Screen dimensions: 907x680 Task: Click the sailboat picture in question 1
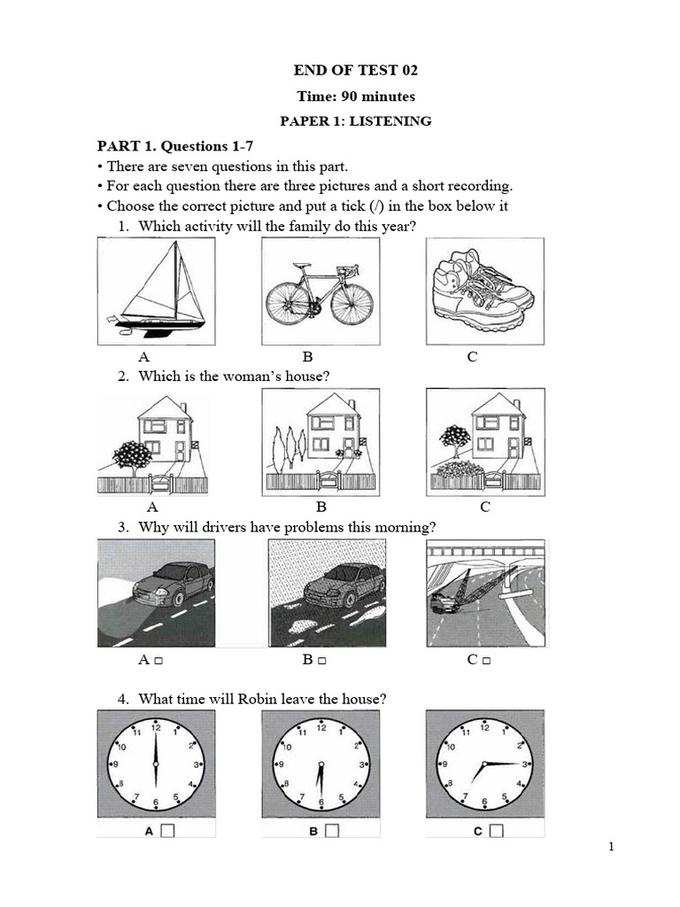click(x=156, y=292)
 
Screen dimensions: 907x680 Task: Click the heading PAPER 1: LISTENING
click(x=355, y=121)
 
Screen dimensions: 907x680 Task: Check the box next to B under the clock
click(x=333, y=831)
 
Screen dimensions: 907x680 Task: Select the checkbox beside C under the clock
click(x=496, y=831)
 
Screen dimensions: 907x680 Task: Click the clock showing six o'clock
click(x=156, y=764)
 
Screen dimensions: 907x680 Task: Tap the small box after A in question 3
click(x=157, y=662)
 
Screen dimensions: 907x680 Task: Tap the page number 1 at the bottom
click(x=611, y=848)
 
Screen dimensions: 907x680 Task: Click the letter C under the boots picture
click(x=472, y=357)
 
